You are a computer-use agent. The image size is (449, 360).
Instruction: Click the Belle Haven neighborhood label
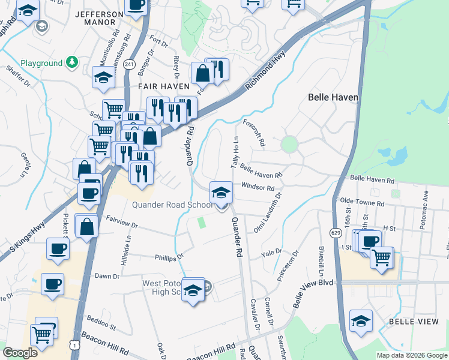coord(333,97)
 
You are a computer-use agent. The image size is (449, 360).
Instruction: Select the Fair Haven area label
coord(160,86)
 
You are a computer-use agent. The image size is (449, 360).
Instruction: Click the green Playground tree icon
coord(72,62)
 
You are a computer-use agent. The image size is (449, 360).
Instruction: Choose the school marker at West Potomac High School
coord(193,290)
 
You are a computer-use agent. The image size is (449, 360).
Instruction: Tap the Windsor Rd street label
coord(258,188)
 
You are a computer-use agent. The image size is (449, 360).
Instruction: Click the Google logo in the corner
coord(20,353)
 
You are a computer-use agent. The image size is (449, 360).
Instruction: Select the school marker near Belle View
coord(361,320)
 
